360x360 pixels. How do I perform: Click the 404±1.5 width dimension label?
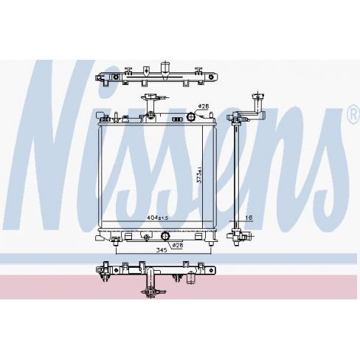(x=158, y=218)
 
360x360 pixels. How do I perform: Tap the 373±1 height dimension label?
(x=200, y=175)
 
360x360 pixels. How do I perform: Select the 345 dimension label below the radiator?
(x=162, y=250)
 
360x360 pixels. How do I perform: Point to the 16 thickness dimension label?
(x=249, y=218)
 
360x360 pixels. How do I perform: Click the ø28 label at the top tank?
(x=204, y=106)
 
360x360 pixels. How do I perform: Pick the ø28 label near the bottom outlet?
(x=178, y=245)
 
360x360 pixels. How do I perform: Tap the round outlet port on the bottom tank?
(x=165, y=236)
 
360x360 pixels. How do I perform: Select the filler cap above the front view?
(x=149, y=97)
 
